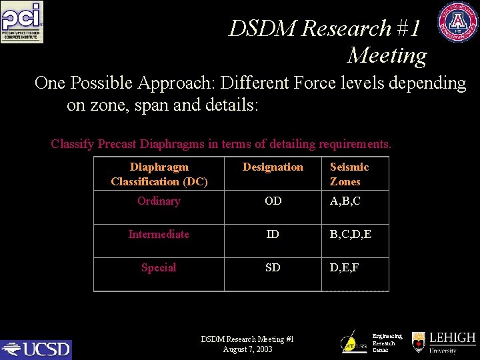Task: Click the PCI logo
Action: (x=22, y=22)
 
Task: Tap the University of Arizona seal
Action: (x=457, y=22)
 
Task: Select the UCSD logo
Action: (x=36, y=349)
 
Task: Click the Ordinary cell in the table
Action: (x=159, y=201)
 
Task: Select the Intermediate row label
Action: (x=159, y=235)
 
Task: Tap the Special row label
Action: (x=159, y=268)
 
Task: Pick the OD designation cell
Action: (x=273, y=201)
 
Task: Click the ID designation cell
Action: (x=273, y=235)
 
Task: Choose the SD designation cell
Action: (x=273, y=268)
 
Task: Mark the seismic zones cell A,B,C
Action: (x=345, y=201)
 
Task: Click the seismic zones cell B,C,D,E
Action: (x=351, y=235)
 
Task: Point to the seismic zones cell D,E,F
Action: (x=345, y=268)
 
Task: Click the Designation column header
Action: (x=273, y=167)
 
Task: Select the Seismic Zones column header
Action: (x=349, y=174)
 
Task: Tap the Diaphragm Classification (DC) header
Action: (x=159, y=174)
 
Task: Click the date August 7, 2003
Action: (x=247, y=349)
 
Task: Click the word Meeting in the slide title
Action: (x=387, y=55)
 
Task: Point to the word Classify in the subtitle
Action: (x=73, y=144)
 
